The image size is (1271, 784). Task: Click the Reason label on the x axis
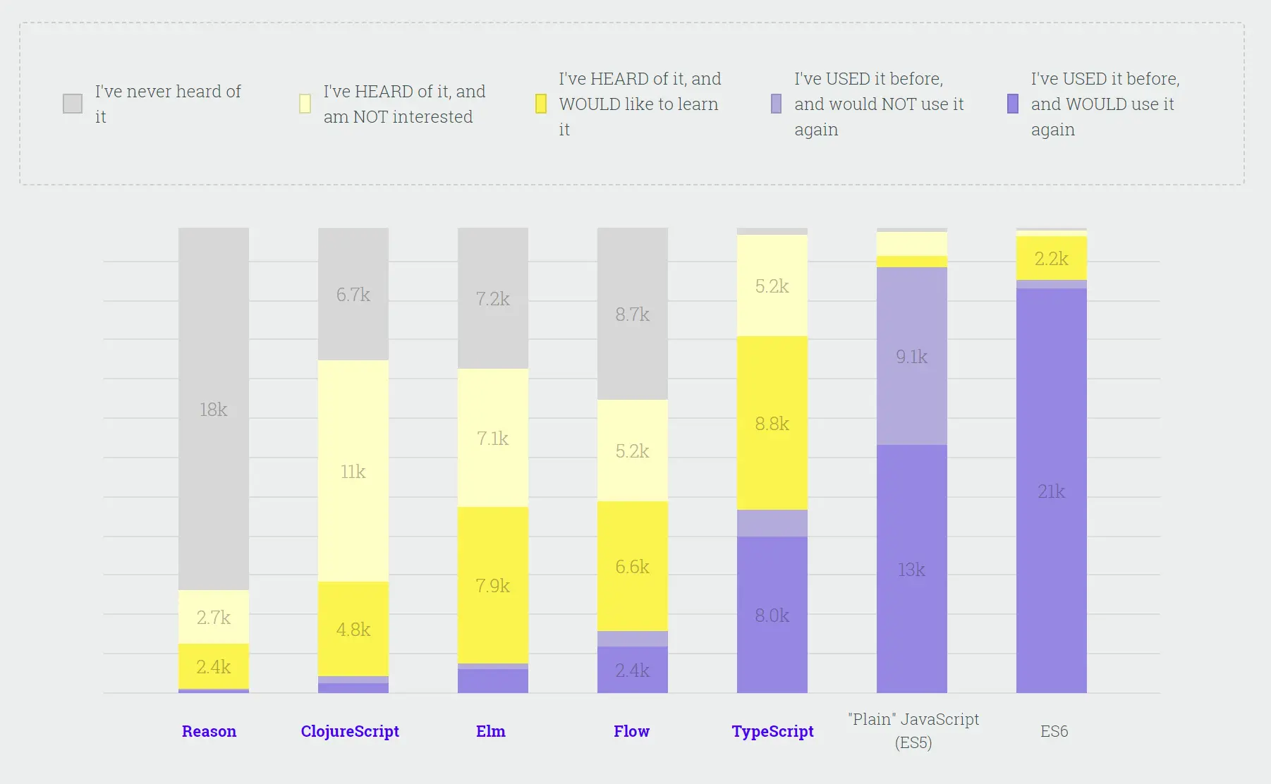coord(209,731)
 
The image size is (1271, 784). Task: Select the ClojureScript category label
coord(350,731)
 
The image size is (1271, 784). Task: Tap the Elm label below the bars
coord(491,731)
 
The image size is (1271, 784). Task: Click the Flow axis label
coord(631,731)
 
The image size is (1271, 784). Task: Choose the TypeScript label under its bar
coord(772,731)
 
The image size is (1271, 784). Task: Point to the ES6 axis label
coord(1054,731)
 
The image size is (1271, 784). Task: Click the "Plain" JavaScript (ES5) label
coord(913,730)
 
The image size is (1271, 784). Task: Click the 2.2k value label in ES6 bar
coord(1052,259)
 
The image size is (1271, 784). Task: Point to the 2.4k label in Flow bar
coord(632,670)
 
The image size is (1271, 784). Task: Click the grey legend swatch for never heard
coord(73,104)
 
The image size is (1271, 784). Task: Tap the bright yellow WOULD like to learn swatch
coord(541,104)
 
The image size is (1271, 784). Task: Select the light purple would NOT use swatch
coord(776,104)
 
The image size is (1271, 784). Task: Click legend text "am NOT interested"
coord(398,117)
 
